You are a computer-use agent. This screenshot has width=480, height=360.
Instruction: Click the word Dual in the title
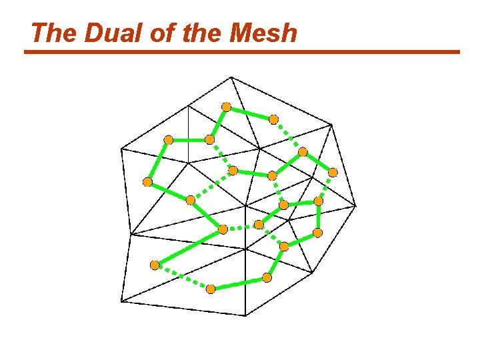click(101, 33)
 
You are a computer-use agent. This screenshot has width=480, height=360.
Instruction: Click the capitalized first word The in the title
click(53, 33)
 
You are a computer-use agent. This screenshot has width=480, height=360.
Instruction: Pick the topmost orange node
click(226, 107)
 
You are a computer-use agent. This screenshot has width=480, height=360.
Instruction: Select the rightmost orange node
click(333, 172)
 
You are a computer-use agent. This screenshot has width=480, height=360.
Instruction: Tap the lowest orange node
click(211, 289)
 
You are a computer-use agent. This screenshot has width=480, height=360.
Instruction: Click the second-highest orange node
click(273, 119)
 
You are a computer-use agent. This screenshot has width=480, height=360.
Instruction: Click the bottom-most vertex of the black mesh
click(246, 315)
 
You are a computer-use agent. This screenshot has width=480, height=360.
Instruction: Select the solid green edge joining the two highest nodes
click(250, 113)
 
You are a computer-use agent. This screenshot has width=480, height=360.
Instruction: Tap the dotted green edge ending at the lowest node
click(183, 277)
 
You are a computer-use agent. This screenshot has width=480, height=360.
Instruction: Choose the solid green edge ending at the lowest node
click(239, 283)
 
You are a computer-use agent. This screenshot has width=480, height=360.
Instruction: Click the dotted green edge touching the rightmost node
click(326, 187)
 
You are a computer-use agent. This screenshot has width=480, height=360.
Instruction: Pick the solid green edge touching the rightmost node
click(318, 162)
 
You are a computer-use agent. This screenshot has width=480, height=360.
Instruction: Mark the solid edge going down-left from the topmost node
click(218, 123)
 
